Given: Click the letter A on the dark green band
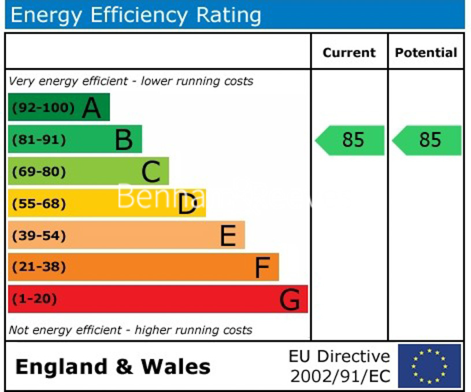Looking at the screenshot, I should point(91,108).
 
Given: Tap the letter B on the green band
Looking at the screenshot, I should point(124,140).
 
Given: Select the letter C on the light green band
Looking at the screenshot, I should point(151,172).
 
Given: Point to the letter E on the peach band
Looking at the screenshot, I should point(228,236).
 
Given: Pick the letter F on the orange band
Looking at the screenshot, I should point(262,268).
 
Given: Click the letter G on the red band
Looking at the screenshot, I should point(290,300).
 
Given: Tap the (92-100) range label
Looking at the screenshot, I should point(43,108).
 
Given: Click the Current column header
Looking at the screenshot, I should point(349,53).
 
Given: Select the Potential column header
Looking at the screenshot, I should point(426,53).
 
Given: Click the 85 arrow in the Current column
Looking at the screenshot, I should point(350,140).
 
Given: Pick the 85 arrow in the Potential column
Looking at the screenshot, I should point(428,140).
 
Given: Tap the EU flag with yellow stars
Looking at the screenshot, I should point(429,366).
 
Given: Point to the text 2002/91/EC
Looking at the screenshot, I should point(340,377).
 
